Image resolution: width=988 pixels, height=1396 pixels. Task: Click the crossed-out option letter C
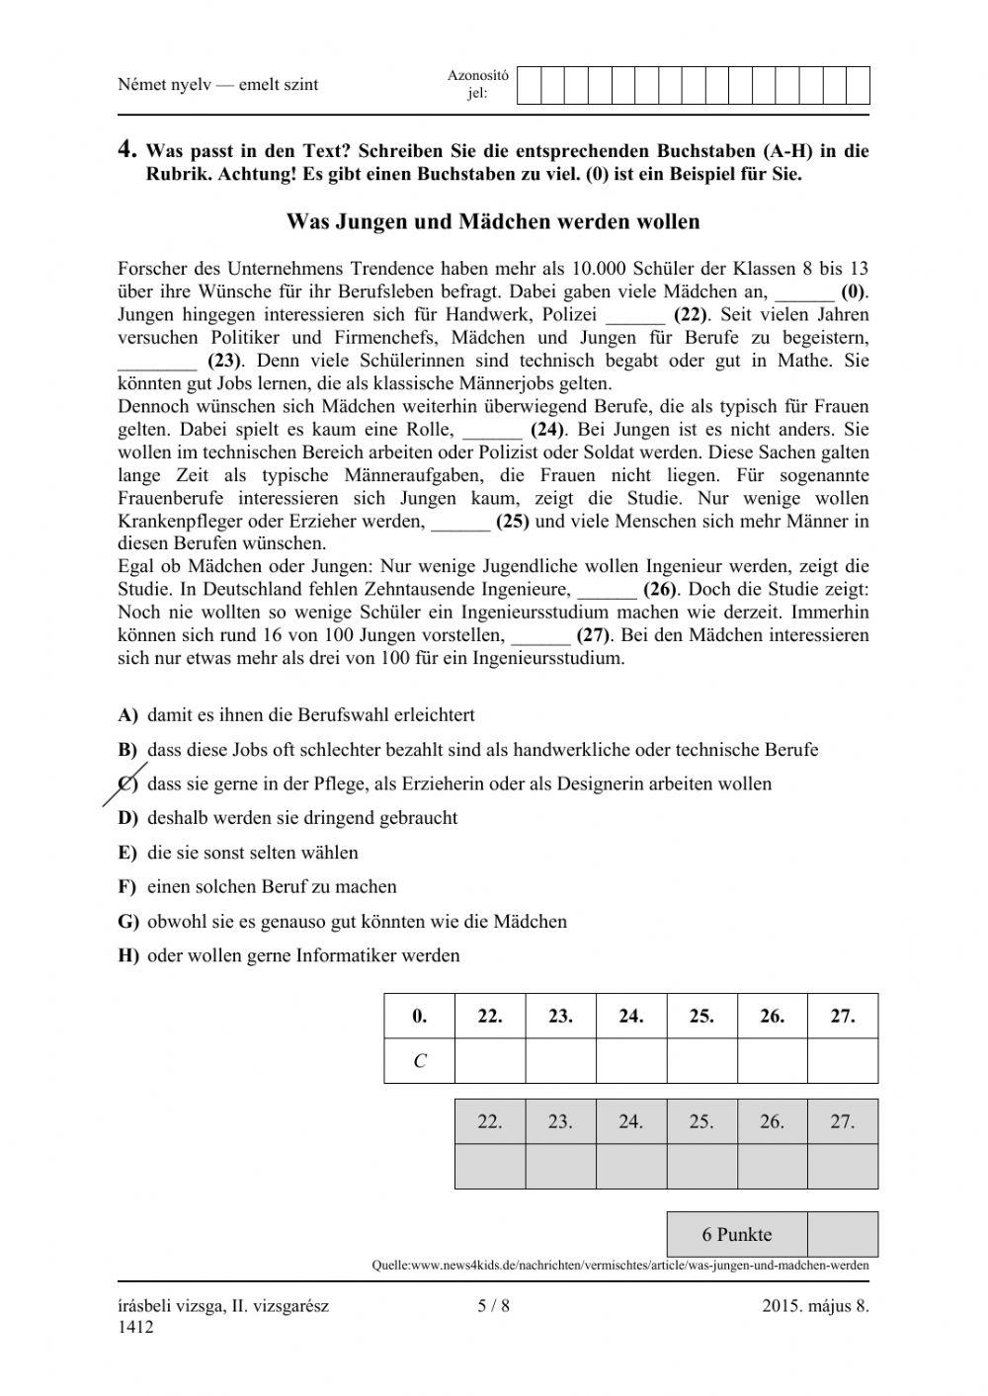click(x=126, y=783)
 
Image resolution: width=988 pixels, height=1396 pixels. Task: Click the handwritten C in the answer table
click(x=420, y=1061)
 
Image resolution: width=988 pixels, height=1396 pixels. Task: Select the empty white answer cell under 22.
click(x=490, y=1061)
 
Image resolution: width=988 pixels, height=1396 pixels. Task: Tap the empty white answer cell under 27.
click(x=842, y=1061)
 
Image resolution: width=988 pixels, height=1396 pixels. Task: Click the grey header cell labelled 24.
click(x=630, y=1121)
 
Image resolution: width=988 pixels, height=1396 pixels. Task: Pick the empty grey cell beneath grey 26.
click(x=772, y=1166)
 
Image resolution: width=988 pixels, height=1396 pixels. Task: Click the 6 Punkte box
click(x=737, y=1234)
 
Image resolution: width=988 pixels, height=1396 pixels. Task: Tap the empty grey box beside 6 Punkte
click(x=842, y=1234)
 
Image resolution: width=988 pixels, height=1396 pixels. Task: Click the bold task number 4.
click(x=126, y=150)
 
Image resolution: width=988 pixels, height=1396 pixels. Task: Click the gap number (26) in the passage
click(x=659, y=589)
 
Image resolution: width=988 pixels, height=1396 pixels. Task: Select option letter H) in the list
click(x=128, y=955)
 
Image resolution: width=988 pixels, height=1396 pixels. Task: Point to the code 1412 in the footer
click(x=135, y=1327)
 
